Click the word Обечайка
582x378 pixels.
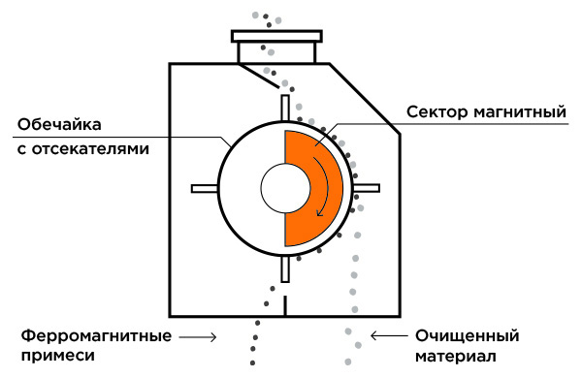[x=59, y=124]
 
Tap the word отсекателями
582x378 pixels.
[x=90, y=148]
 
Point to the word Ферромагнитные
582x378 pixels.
[x=96, y=336]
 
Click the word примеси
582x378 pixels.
[x=58, y=356]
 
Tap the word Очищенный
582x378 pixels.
[x=467, y=336]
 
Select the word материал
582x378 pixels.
[x=455, y=356]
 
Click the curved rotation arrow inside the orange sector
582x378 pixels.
[x=326, y=185]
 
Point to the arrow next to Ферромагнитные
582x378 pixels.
[x=198, y=337]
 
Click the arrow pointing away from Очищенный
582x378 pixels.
[x=389, y=335]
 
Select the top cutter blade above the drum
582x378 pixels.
[x=285, y=108]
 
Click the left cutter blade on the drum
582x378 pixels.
[x=205, y=188]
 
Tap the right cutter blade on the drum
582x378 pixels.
[x=367, y=188]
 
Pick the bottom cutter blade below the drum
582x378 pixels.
[x=285, y=268]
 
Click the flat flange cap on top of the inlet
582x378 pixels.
[x=276, y=36]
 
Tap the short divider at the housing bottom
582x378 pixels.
[x=285, y=306]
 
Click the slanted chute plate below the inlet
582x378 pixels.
[x=258, y=76]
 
